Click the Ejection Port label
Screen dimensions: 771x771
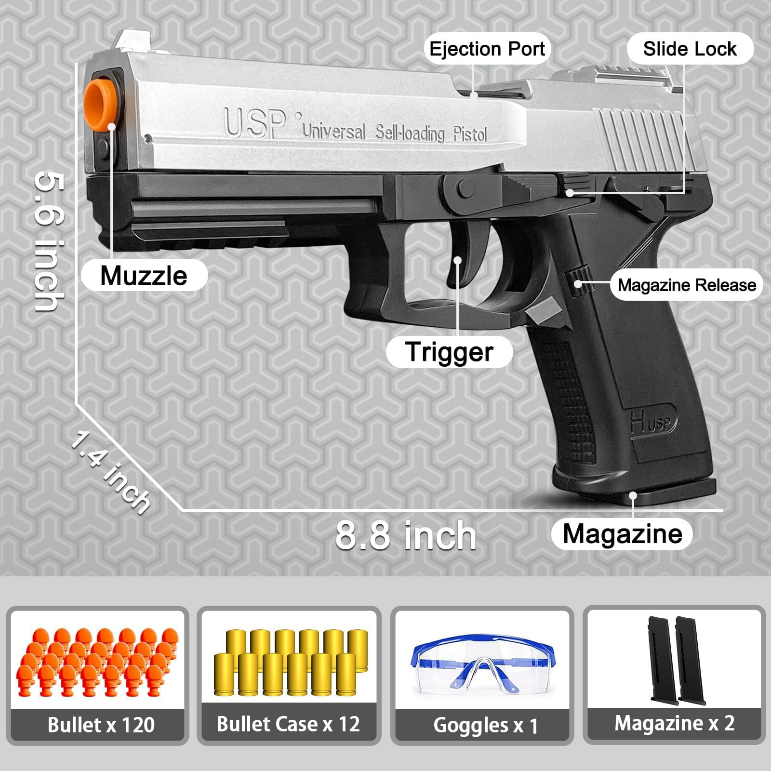(x=487, y=49)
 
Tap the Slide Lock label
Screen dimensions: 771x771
(x=690, y=49)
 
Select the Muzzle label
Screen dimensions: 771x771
(x=144, y=276)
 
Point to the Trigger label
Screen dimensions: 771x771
(x=449, y=351)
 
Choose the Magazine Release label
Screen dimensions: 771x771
(x=687, y=285)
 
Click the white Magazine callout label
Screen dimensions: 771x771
(x=622, y=534)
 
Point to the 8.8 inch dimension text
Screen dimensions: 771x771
(x=406, y=535)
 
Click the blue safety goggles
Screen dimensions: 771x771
(x=482, y=665)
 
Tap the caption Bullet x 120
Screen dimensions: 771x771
(x=101, y=725)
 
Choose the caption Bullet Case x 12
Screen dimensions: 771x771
(x=288, y=724)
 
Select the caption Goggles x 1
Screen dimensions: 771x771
(x=485, y=725)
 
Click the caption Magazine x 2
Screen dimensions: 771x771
(x=674, y=723)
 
